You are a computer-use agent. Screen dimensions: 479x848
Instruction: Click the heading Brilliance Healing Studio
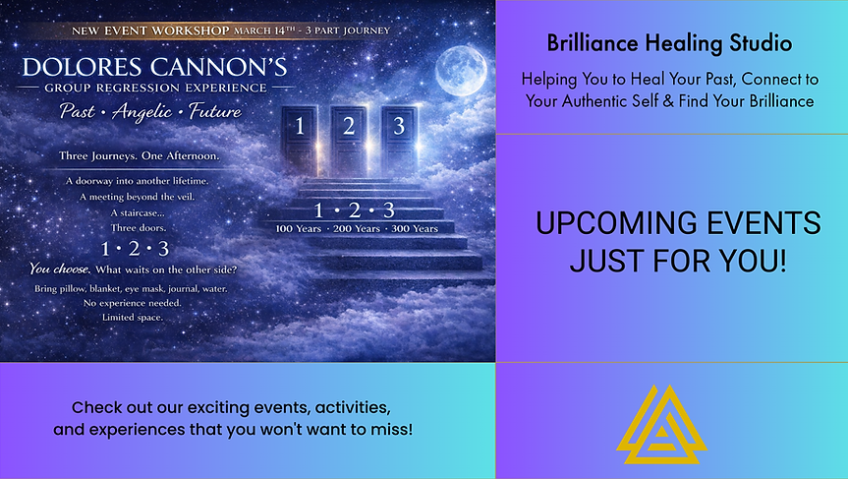click(671, 44)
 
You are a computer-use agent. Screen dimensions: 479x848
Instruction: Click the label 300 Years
click(412, 228)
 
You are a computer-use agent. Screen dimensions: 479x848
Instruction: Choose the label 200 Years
click(353, 228)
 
